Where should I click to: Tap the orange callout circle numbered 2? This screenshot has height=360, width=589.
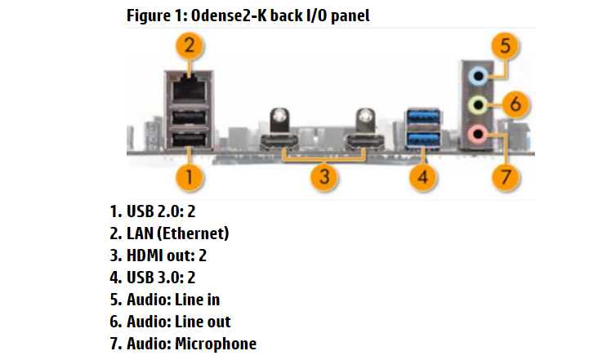coord(189,45)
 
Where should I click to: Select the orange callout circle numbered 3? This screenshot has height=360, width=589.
coord(326,176)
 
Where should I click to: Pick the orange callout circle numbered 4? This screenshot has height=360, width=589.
coord(422,176)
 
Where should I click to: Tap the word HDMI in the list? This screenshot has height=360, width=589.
coord(143,256)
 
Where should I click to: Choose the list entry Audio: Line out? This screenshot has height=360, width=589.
coord(170,322)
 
